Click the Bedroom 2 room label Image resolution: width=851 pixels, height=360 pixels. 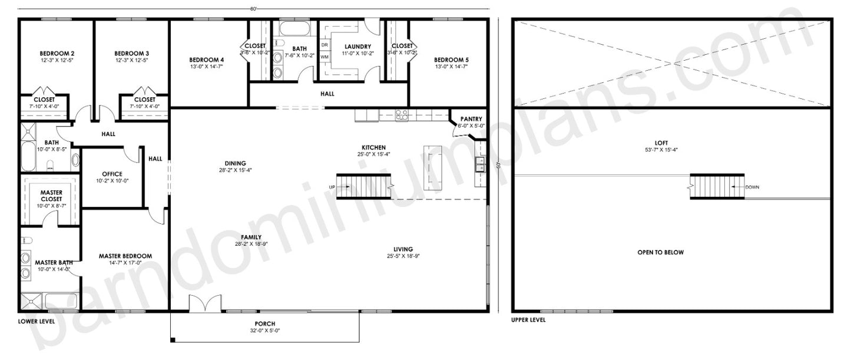(x=57, y=53)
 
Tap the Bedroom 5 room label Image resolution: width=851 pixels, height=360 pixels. (x=451, y=60)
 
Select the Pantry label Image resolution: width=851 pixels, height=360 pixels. (x=471, y=118)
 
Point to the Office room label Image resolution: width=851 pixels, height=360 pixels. (x=112, y=174)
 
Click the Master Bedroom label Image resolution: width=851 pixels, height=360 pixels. (x=125, y=256)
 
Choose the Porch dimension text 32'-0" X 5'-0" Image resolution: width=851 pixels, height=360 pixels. (x=265, y=331)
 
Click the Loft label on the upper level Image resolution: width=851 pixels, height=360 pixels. (x=660, y=142)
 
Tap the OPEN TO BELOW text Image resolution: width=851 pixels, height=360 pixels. (x=660, y=252)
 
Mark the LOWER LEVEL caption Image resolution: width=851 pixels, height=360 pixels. (x=37, y=321)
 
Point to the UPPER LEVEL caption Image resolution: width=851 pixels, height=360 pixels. (x=528, y=320)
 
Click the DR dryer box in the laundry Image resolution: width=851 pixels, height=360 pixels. (x=324, y=45)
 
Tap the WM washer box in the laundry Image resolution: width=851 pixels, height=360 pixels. (x=324, y=57)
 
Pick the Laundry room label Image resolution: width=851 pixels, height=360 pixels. (x=357, y=47)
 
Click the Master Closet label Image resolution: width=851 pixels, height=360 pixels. (x=51, y=196)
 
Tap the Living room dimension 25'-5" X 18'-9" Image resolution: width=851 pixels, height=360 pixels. (x=403, y=256)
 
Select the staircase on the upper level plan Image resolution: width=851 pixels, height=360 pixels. (x=717, y=186)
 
